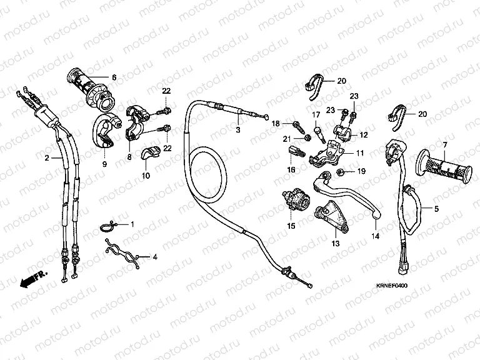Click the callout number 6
[114, 77]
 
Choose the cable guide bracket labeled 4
[123, 255]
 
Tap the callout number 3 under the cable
[237, 131]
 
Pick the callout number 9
[104, 164]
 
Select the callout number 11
[360, 152]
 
